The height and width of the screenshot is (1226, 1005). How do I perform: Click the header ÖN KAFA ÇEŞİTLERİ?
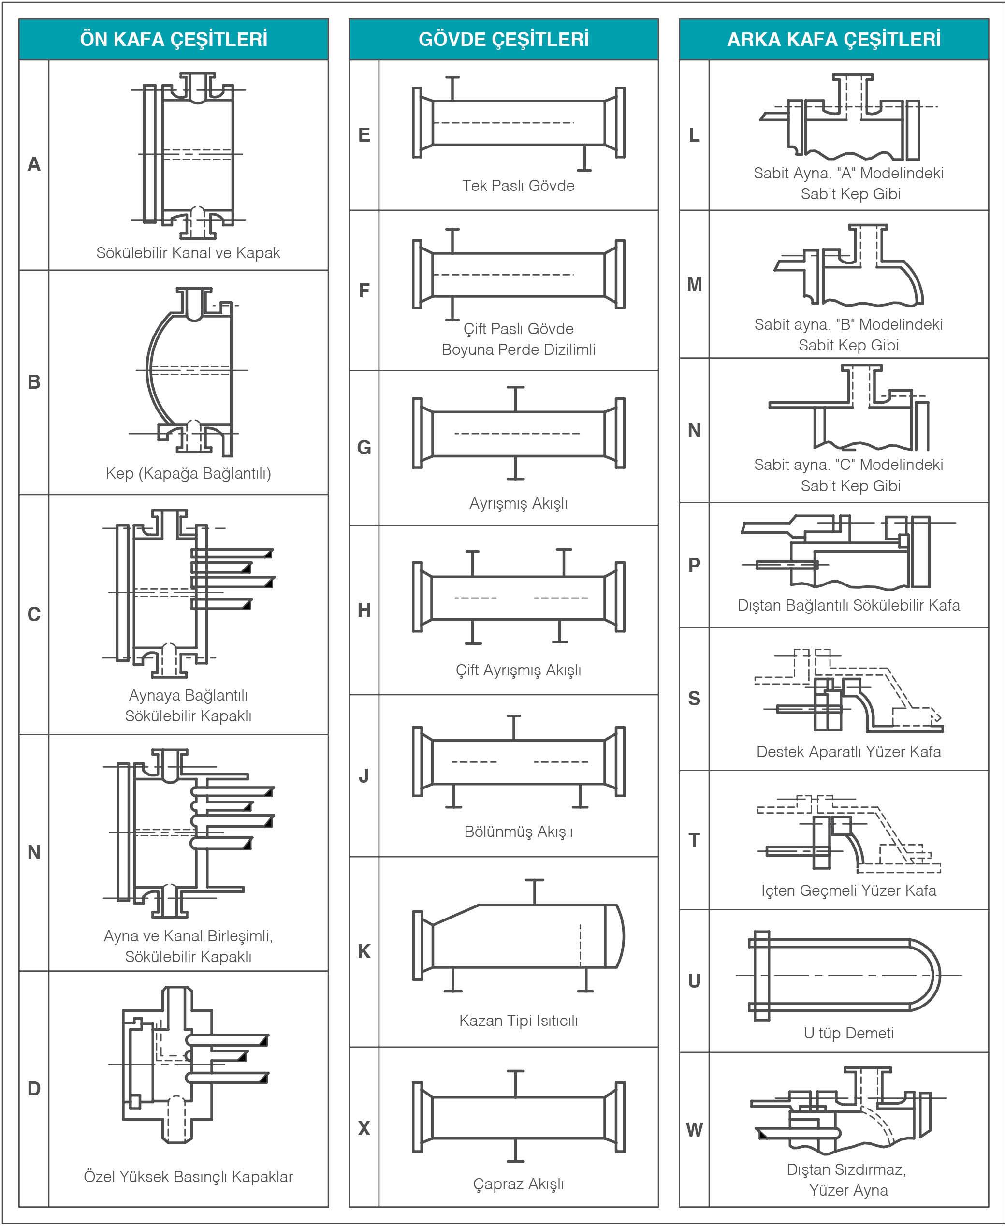(173, 39)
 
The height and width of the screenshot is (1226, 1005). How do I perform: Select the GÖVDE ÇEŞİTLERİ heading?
(503, 39)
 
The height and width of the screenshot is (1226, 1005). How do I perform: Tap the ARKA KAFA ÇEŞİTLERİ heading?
(834, 39)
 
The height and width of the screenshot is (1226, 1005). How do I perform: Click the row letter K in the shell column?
(364, 951)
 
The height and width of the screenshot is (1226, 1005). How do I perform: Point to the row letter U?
(694, 980)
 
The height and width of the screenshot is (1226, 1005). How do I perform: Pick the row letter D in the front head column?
(34, 1088)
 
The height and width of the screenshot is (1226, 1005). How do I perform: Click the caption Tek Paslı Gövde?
(518, 186)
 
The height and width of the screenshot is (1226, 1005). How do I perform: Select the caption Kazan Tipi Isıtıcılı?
(518, 1020)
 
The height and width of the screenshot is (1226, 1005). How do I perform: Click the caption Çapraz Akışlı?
(518, 1184)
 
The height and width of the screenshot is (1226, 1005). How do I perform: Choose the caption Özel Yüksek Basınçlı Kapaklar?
(188, 1176)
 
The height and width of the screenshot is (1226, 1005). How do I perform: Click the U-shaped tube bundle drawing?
(845, 976)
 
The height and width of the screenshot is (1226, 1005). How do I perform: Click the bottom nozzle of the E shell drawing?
(584, 159)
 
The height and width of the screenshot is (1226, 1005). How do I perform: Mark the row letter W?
(694, 1129)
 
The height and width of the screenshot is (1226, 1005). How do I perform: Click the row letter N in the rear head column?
(694, 430)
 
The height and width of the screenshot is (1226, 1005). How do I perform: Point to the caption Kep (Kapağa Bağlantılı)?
(188, 473)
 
